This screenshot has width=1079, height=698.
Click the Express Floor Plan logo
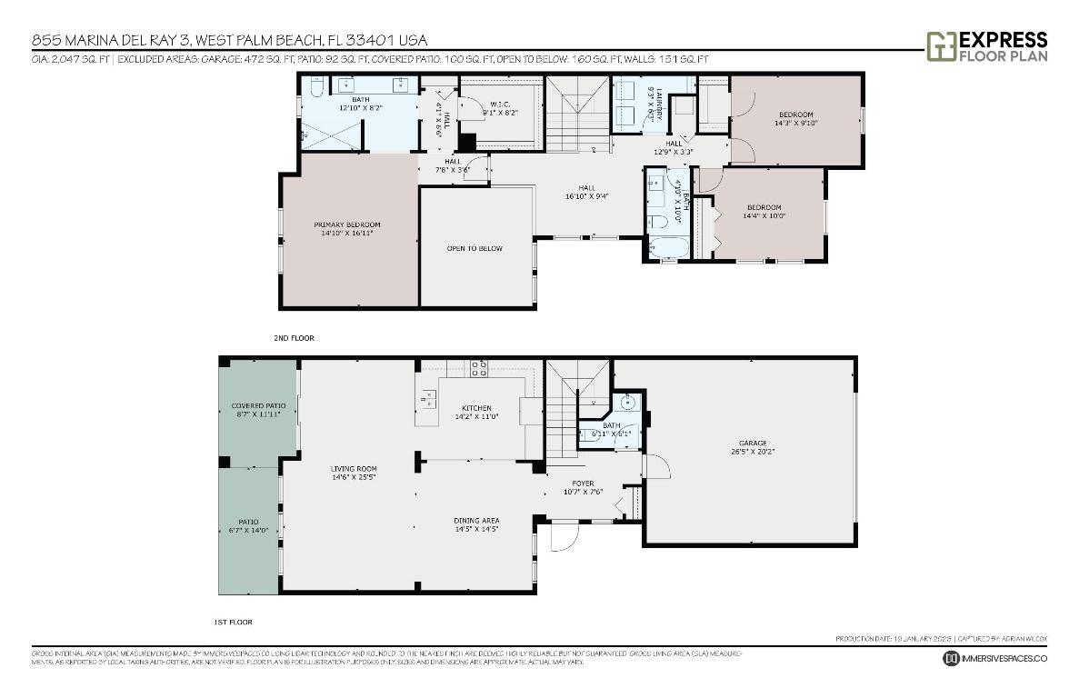click(986, 45)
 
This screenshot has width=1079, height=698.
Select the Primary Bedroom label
click(346, 229)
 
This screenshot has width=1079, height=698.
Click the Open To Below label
click(474, 248)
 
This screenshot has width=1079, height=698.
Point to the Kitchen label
click(476, 413)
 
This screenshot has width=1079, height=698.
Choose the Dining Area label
click(476, 524)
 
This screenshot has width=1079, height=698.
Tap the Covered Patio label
click(258, 409)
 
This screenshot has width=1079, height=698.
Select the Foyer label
click(583, 487)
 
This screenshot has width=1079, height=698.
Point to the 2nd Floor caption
click(294, 338)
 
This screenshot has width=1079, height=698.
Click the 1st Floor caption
click(232, 623)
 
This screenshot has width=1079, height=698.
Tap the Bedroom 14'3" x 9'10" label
click(795, 118)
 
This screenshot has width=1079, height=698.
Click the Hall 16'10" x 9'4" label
click(585, 192)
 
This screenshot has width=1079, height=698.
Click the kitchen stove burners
click(479, 368)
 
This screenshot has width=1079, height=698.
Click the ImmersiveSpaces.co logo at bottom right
click(995, 658)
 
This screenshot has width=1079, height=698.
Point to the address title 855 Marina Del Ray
click(229, 40)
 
